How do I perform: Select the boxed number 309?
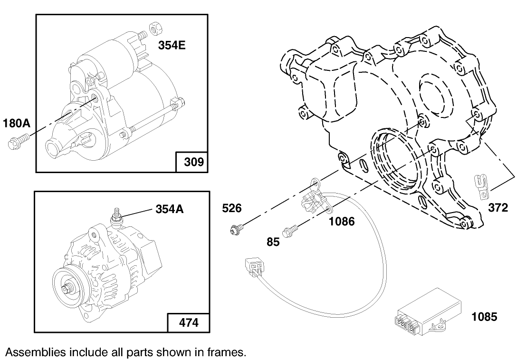(194, 162)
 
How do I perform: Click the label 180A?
(17, 124)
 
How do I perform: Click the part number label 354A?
(170, 209)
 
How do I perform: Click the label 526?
(232, 208)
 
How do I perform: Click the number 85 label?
(273, 242)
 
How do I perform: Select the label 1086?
(342, 221)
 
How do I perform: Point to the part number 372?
(497, 207)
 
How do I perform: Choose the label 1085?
(484, 316)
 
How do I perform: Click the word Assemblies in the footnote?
(35, 352)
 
